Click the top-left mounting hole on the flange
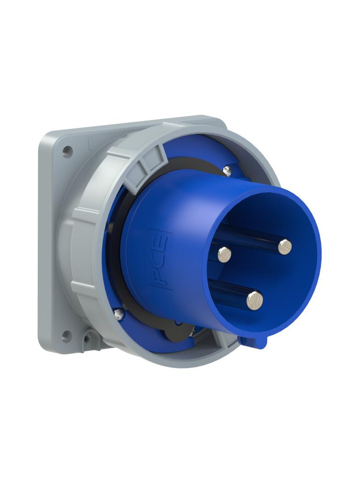coord(67,150)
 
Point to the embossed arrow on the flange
coord(91,145)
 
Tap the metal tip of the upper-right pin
coord(285,247)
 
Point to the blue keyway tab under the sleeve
coord(253,341)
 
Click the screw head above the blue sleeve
coord(227,171)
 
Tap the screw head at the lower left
coord(118,314)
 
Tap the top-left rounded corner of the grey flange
coord(44,136)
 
